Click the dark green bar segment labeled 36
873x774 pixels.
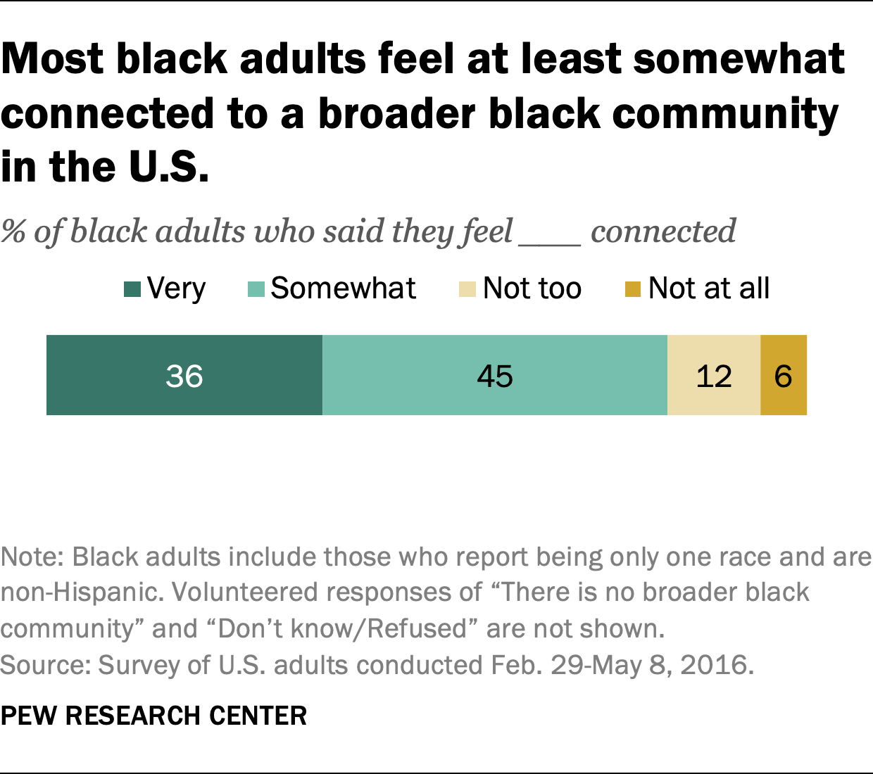pyautogui.click(x=184, y=375)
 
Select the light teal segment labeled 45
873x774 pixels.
pyautogui.click(x=495, y=375)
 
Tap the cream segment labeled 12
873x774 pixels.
pyautogui.click(x=714, y=375)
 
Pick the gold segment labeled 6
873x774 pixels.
pyautogui.click(x=784, y=375)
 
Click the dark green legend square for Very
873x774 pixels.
pyautogui.click(x=132, y=289)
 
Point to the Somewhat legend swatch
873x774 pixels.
pyautogui.click(x=256, y=289)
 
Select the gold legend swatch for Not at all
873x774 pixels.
pyautogui.click(x=633, y=289)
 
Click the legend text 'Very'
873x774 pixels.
pyautogui.click(x=176, y=288)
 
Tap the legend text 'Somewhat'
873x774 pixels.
pyautogui.click(x=343, y=288)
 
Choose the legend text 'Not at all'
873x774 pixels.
pyautogui.click(x=708, y=288)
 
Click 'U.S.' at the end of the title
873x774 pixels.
pyautogui.click(x=169, y=167)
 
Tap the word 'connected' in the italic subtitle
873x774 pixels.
pyautogui.click(x=663, y=231)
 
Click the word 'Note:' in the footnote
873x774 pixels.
pyautogui.click(x=32, y=557)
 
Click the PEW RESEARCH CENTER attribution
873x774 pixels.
pyautogui.click(x=153, y=716)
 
